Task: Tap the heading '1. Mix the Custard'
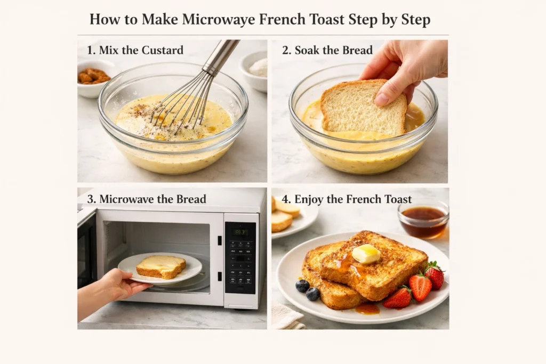click(135, 51)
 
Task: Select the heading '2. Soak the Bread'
click(327, 51)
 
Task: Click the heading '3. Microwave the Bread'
click(147, 199)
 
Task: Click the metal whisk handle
click(221, 56)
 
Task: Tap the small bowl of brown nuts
click(94, 77)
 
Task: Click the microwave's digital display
click(240, 232)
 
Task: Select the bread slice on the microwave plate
click(160, 266)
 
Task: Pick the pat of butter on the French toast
click(366, 254)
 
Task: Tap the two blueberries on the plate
click(308, 289)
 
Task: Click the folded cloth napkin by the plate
click(286, 317)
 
